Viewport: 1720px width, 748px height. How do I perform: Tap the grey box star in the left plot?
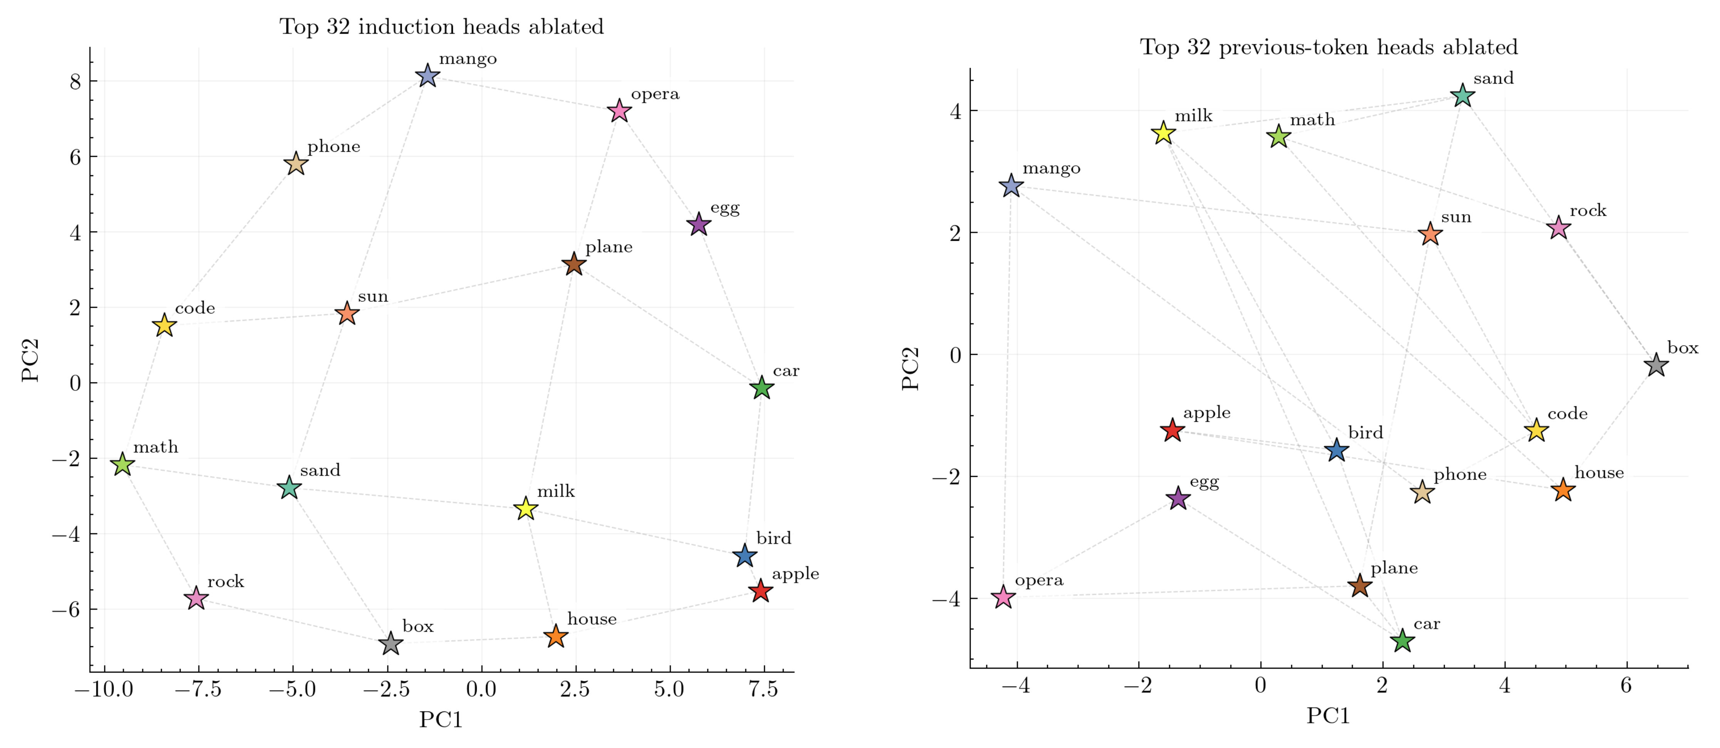click(x=391, y=644)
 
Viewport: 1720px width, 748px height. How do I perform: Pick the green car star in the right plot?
click(x=1402, y=641)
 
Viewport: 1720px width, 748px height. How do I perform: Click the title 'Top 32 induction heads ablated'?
click(x=441, y=27)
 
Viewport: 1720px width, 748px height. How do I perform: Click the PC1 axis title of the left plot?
click(x=441, y=719)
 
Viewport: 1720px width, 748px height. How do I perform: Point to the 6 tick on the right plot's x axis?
click(x=1626, y=686)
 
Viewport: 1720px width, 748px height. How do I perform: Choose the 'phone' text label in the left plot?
click(x=334, y=147)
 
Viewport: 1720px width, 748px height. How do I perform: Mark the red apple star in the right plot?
click(x=1172, y=430)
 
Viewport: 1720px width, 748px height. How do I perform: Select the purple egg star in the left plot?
click(x=698, y=225)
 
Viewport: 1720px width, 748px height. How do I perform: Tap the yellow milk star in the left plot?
click(x=526, y=508)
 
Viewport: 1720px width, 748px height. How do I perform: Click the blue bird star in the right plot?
click(x=1336, y=450)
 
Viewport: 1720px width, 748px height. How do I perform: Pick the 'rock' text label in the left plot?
click(x=226, y=582)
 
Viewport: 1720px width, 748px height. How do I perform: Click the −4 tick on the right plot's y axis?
click(x=947, y=599)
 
